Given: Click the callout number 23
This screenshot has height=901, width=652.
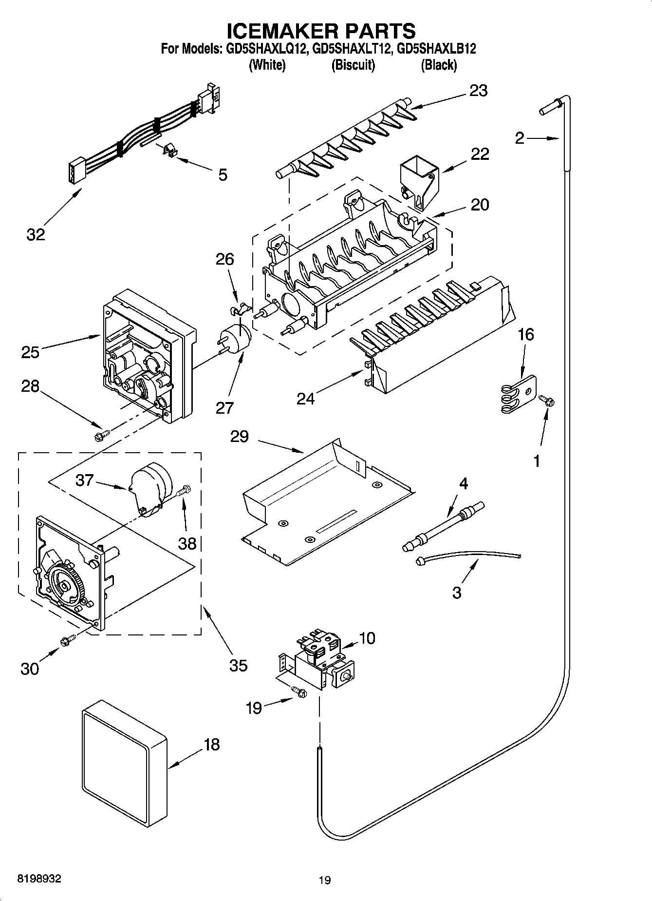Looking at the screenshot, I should [478, 91].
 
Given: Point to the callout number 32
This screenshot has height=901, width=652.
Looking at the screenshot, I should [36, 234].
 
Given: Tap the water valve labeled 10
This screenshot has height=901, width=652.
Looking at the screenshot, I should [322, 660].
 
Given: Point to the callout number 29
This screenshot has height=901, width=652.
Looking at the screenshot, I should [239, 437].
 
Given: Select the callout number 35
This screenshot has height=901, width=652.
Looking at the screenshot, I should [238, 665].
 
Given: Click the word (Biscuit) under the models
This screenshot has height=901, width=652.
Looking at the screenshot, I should [353, 65].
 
